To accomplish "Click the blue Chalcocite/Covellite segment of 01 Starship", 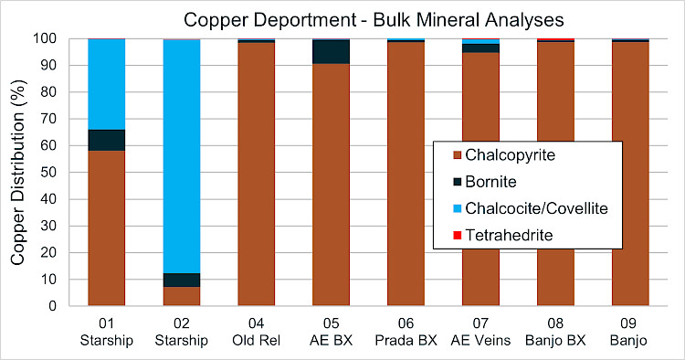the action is click(107, 84).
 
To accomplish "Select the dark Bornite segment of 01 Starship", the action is click(107, 140).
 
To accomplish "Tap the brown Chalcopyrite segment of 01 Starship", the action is click(107, 228).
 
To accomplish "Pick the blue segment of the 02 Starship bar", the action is click(182, 156).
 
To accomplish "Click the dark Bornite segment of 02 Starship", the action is click(182, 280).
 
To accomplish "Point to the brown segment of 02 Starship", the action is click(182, 296).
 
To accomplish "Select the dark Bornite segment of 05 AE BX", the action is click(332, 52).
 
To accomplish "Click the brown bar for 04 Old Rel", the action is click(257, 174).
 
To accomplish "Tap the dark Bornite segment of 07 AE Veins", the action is click(480, 48).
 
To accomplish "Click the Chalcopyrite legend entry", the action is click(504, 155).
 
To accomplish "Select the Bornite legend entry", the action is click(485, 182).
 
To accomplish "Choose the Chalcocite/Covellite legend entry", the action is click(531, 208).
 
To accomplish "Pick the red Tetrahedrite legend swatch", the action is click(458, 236).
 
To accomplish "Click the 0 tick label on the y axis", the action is click(52, 306).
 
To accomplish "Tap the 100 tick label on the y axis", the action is click(45, 38).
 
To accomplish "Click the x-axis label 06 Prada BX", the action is click(406, 332).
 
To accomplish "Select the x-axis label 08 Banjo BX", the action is click(555, 332).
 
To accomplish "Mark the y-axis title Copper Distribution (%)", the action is click(17, 173).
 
